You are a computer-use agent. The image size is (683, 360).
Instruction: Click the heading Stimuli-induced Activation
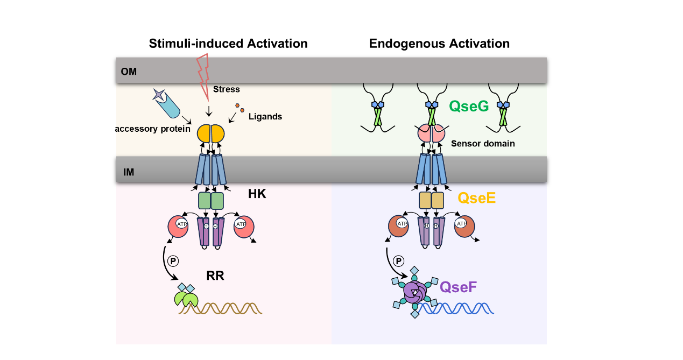coord(228,44)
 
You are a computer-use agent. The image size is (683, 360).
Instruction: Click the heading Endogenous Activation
coord(439,44)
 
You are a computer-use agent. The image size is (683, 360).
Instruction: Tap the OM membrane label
coord(129,72)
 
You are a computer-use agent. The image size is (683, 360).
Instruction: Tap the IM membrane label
coord(128,173)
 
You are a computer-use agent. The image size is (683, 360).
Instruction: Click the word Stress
coord(226,89)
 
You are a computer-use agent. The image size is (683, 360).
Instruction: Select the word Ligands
coord(265,116)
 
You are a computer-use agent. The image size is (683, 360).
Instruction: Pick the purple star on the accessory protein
coord(159,94)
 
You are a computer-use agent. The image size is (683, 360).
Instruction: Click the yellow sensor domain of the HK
coord(210,133)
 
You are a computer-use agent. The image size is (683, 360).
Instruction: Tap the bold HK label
coord(257,194)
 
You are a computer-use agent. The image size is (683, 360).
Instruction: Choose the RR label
coord(215,276)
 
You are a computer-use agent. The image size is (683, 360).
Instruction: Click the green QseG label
coord(469,107)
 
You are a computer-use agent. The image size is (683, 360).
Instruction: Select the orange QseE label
coord(477,198)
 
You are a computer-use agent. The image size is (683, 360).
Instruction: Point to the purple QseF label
coord(458,287)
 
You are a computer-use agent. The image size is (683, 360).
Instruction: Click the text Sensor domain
coord(483,144)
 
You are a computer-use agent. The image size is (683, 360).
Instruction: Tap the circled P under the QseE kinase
coord(399,261)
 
